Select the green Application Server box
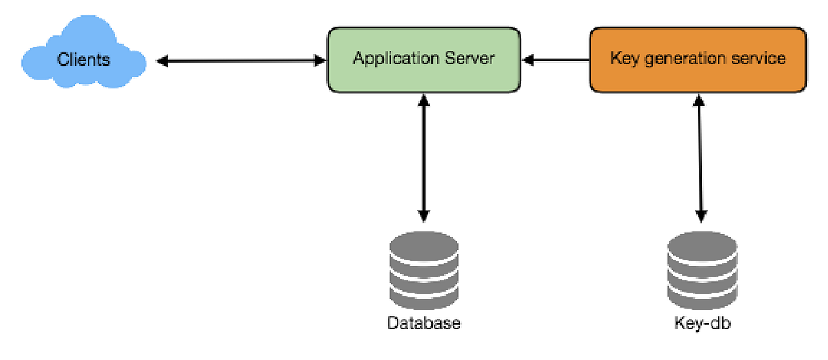tap(424, 60)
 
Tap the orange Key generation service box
tap(698, 60)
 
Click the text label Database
tap(424, 323)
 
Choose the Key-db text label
tap(702, 323)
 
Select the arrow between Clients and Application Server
tap(241, 61)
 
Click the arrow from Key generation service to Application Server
tap(556, 61)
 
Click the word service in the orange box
tap(760, 58)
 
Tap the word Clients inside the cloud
tap(83, 59)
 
